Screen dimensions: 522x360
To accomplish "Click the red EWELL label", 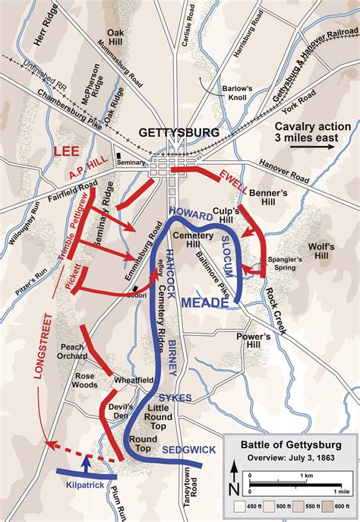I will tap(235, 182).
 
